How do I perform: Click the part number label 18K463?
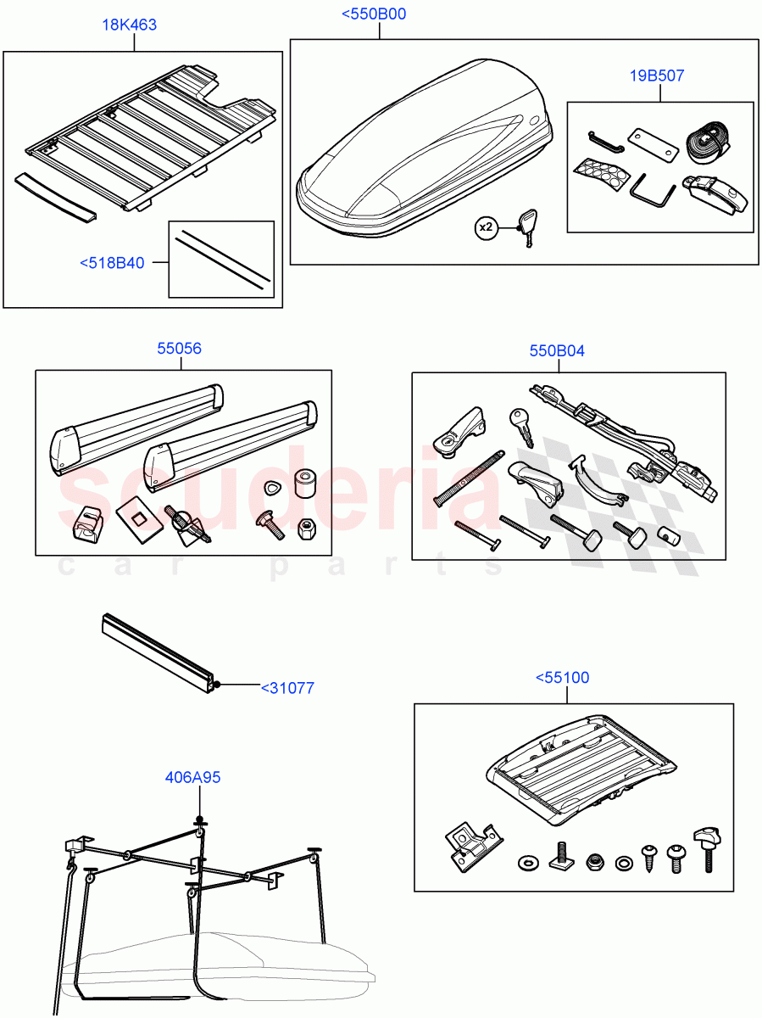pos(129,25)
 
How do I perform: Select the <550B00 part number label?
pos(373,14)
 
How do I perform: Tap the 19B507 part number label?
pos(657,76)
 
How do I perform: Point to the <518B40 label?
pos(112,263)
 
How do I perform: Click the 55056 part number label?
pos(180,348)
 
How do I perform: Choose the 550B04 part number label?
pos(556,350)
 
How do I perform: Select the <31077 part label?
pos(286,688)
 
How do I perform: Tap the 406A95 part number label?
pos(193,777)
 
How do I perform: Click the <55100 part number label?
pos(562,678)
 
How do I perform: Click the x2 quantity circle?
pos(486,228)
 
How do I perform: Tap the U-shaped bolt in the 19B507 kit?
pos(651,189)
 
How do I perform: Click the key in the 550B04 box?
pos(521,426)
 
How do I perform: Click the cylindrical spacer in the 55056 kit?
pos(303,486)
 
